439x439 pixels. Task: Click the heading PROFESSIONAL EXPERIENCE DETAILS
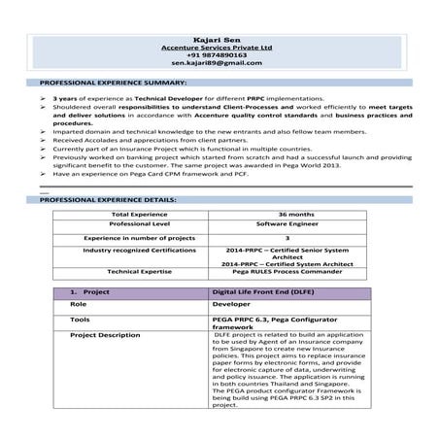[102, 199]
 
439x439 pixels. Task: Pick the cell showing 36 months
[294, 214]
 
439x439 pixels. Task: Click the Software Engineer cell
[294, 224]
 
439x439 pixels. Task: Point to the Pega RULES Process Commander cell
[294, 272]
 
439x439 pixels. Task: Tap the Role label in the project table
[79, 304]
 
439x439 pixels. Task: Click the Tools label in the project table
[80, 319]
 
